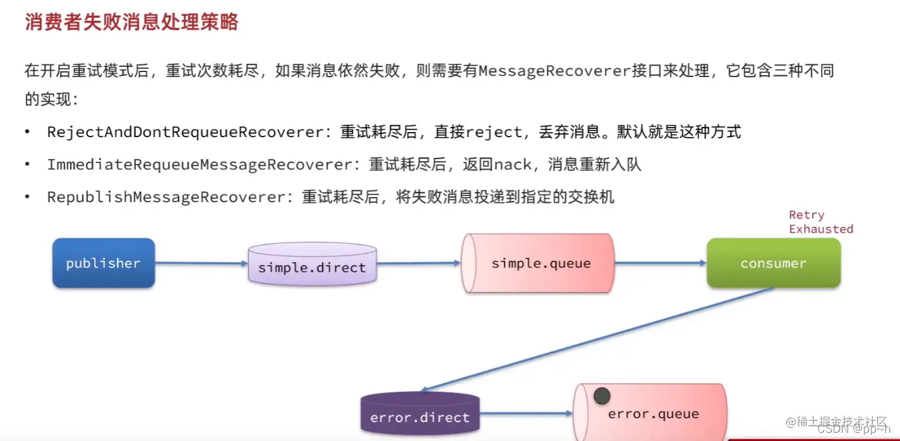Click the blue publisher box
pyautogui.click(x=104, y=263)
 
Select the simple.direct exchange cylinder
pyautogui.click(x=312, y=267)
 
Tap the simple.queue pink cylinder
pyautogui.click(x=540, y=263)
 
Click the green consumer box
pyautogui.click(x=773, y=263)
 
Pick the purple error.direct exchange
pyautogui.click(x=420, y=417)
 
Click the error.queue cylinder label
pyautogui.click(x=653, y=414)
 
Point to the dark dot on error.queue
pyautogui.click(x=602, y=396)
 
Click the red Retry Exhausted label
pyautogui.click(x=820, y=222)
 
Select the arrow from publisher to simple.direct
pyautogui.click(x=201, y=263)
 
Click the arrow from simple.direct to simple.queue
pyautogui.click(x=418, y=263)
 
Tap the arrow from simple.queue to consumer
pyautogui.click(x=660, y=263)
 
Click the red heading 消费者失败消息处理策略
pyautogui.click(x=131, y=22)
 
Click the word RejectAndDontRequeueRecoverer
pyautogui.click(x=185, y=132)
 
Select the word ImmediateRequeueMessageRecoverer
pyautogui.click(x=199, y=165)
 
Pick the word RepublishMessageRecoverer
pyautogui.click(x=166, y=197)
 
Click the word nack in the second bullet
pyautogui.click(x=513, y=165)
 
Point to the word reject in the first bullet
pyautogui.click(x=494, y=132)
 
